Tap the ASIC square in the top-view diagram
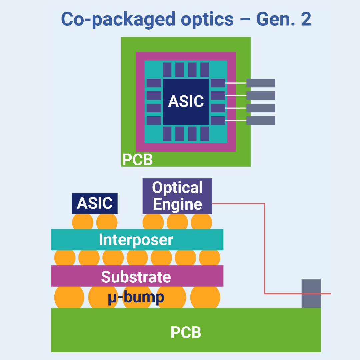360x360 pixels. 186,101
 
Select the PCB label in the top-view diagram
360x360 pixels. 137,160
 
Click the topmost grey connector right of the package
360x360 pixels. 261,83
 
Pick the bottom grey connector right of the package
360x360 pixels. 261,120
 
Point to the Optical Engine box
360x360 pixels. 177,196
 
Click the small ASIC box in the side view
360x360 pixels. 95,203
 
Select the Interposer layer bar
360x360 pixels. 137,240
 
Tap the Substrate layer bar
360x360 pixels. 137,276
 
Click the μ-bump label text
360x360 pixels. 136,297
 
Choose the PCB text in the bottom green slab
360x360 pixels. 186,332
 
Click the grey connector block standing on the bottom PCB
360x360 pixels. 311,293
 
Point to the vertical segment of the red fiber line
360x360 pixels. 265,248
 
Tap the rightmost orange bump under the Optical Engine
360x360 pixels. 201,222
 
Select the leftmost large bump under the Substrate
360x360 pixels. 69,297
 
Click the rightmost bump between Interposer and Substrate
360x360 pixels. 210,258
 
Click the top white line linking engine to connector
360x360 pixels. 236,83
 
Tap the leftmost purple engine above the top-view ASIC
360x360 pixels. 167,70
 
